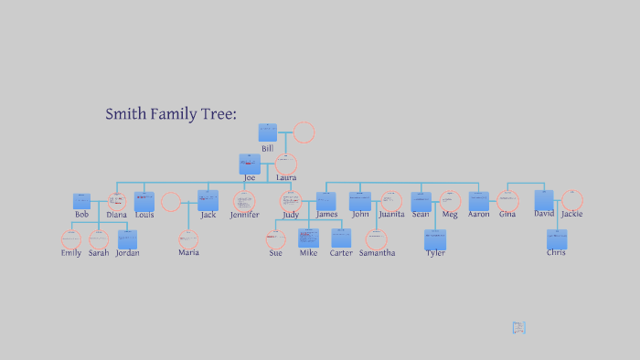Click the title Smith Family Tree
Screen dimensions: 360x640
click(171, 114)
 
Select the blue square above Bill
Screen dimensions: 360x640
click(267, 132)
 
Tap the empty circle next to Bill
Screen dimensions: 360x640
click(304, 132)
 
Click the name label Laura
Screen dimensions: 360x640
click(286, 177)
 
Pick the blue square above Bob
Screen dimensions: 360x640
click(82, 201)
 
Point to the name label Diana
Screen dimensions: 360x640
click(116, 215)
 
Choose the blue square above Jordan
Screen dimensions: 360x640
click(127, 239)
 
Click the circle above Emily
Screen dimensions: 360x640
click(71, 239)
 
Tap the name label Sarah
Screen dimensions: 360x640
click(99, 253)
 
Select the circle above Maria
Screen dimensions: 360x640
click(188, 238)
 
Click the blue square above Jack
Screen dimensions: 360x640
click(208, 200)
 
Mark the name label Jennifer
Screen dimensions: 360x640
click(244, 215)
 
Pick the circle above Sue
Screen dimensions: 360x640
click(276, 239)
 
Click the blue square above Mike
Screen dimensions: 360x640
click(308, 238)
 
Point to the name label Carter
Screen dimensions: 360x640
click(341, 253)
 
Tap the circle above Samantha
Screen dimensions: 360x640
click(377, 239)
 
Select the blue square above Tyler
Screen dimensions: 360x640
click(435, 239)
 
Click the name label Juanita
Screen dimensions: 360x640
click(391, 215)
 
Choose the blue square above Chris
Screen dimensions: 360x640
click(557, 239)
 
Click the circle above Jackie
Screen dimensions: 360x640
click(572, 200)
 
